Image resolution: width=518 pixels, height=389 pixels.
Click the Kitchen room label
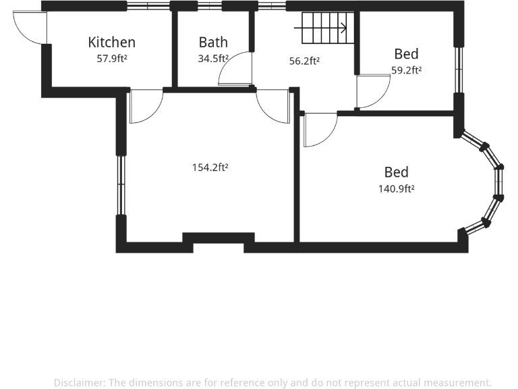(x=111, y=43)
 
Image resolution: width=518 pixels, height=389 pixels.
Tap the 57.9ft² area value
(x=111, y=59)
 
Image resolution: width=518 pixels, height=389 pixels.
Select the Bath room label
(x=213, y=43)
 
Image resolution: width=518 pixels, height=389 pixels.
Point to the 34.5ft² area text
(x=213, y=59)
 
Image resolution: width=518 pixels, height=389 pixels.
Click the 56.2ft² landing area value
(x=304, y=61)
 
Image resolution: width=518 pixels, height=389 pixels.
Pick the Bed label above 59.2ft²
(x=406, y=54)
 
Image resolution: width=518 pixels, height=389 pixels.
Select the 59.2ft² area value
(x=406, y=70)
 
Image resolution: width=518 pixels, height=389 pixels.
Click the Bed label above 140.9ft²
(x=397, y=172)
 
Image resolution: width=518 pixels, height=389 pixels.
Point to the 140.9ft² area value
(x=397, y=189)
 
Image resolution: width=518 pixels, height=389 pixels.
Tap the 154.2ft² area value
(x=210, y=167)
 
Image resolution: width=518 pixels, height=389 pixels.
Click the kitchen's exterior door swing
(x=30, y=27)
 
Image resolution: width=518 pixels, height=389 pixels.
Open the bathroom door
(x=236, y=70)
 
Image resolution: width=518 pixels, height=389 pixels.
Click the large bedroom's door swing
(x=320, y=130)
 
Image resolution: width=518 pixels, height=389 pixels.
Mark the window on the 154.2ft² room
(x=121, y=184)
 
